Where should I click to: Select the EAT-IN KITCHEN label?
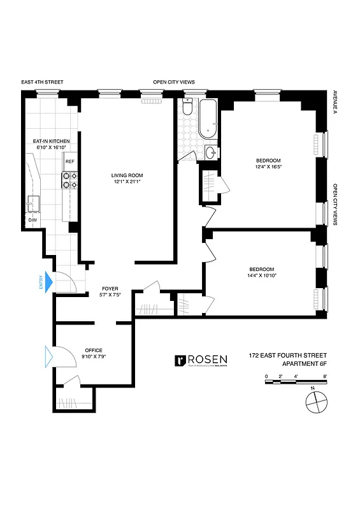click(51, 140)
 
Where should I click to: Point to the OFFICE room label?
click(94, 350)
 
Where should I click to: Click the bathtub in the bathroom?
click(208, 119)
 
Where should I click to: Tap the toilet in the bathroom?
click(187, 108)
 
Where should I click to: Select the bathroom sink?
click(211, 152)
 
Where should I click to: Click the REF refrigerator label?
click(69, 162)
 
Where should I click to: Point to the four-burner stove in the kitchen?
click(69, 180)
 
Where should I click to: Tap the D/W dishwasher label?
click(32, 221)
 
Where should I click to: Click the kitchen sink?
click(33, 203)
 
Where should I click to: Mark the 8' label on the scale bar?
click(325, 377)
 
